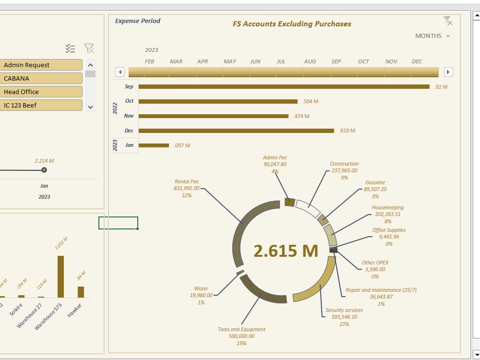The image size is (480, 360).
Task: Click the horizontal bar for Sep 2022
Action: (x=283, y=87)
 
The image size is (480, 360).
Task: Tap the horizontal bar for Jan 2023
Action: (x=154, y=145)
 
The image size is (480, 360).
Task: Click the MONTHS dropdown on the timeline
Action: (x=432, y=36)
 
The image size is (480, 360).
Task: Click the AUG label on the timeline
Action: (x=310, y=61)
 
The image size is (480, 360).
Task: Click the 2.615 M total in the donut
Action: (x=286, y=251)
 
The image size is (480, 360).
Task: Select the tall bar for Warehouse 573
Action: (x=60, y=276)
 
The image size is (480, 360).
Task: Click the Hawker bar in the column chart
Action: (x=81, y=292)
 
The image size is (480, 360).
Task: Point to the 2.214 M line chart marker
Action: (x=44, y=170)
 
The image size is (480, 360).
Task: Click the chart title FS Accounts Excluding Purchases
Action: (x=292, y=24)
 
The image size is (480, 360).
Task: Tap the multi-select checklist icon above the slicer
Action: (x=71, y=48)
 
